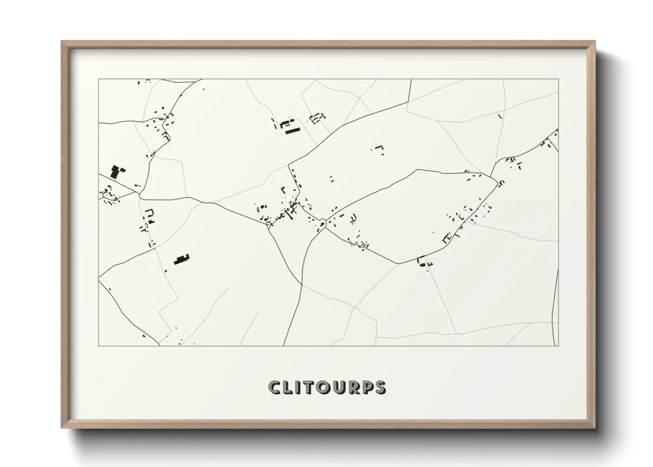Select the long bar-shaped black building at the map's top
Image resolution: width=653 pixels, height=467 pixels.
point(292,131)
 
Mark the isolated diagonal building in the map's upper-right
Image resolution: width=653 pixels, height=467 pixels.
point(500,117)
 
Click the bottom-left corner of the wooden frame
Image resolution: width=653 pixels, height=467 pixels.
point(62,428)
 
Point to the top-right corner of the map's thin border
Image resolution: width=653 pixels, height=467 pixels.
point(558,79)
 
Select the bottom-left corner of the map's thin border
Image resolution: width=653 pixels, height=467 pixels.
point(99,346)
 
